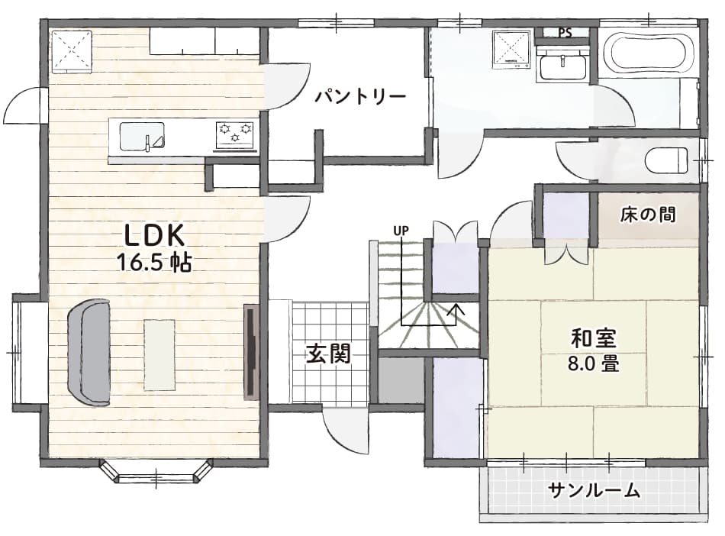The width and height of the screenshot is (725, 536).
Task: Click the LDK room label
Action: tap(155, 235)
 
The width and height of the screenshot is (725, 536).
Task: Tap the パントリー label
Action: tap(361, 97)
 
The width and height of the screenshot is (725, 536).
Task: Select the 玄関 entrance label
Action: tap(329, 354)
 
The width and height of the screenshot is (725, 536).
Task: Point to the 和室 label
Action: tap(594, 338)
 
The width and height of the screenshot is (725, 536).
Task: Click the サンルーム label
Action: tap(595, 490)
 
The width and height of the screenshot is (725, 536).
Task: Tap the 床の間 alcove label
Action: tap(648, 215)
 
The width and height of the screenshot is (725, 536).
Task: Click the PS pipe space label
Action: tap(565, 33)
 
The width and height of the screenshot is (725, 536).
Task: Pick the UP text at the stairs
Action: tap(401, 230)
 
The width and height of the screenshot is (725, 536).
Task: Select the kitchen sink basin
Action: tap(143, 137)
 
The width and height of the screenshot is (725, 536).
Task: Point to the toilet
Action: tap(665, 160)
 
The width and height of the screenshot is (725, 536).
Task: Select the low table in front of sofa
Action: tap(159, 355)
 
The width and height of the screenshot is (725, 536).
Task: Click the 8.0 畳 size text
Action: tap(594, 364)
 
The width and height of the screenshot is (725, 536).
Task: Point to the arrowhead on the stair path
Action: tap(457, 308)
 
